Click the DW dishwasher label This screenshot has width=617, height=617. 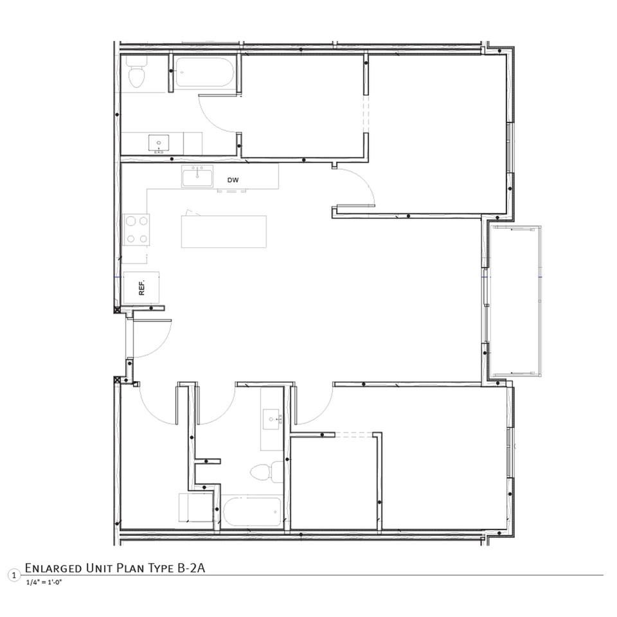click(x=233, y=181)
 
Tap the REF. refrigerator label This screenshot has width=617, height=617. click(x=143, y=287)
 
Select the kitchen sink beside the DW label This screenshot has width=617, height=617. click(x=197, y=176)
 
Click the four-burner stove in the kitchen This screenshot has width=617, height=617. click(x=136, y=229)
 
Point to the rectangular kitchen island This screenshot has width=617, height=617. click(x=224, y=231)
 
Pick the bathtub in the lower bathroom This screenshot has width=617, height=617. click(x=252, y=512)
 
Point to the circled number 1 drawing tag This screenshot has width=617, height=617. click(x=11, y=574)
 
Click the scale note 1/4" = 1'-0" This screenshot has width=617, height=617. click(x=44, y=583)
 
